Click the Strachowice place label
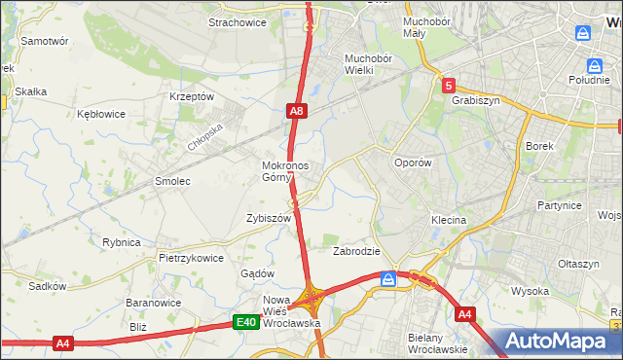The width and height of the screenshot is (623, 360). (x=238, y=22)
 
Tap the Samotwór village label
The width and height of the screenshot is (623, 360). (x=44, y=42)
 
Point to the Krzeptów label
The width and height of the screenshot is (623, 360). (x=191, y=96)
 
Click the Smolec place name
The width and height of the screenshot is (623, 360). (x=172, y=181)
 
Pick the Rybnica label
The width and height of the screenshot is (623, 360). (x=121, y=242)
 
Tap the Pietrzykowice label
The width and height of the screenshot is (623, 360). (x=191, y=259)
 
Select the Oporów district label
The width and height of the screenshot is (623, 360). (x=411, y=163)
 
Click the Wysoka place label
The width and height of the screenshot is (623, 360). (x=531, y=291)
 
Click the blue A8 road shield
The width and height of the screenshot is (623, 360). (x=298, y=112)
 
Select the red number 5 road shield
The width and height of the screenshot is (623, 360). (x=448, y=85)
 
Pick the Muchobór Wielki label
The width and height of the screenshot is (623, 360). (x=367, y=63)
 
